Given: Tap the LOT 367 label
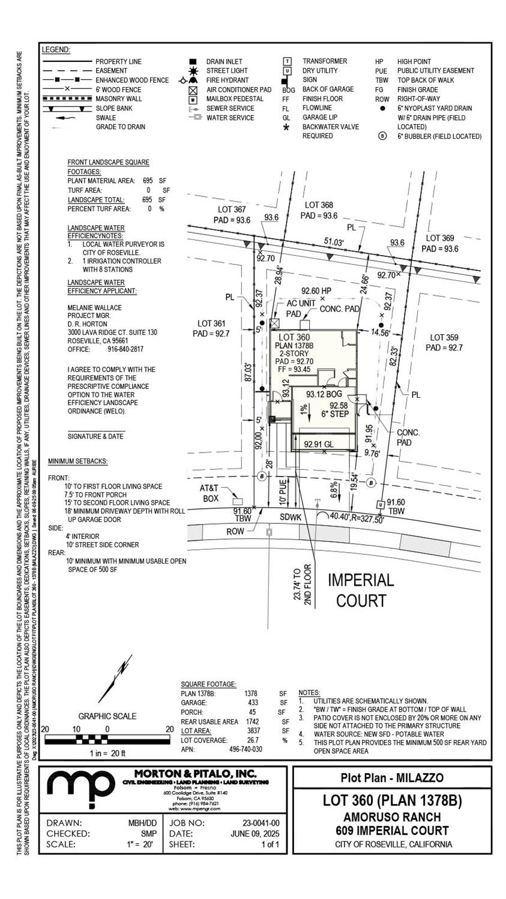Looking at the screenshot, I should (232, 209).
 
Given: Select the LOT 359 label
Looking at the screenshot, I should (444, 338).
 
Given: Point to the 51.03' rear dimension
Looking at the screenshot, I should (334, 242).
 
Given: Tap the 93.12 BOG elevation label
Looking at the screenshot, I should (324, 394).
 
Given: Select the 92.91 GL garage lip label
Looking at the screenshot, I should (318, 445).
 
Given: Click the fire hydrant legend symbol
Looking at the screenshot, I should (191, 80).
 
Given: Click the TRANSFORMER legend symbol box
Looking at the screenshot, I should (288, 61).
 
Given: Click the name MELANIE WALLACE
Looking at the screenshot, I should (94, 308).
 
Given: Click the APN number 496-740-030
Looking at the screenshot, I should (245, 749).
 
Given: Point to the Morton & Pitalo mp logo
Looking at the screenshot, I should (81, 787).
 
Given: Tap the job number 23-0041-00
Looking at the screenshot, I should (261, 823).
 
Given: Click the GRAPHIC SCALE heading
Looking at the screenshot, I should (107, 716).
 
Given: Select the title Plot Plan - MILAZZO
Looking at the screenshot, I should (392, 778).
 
